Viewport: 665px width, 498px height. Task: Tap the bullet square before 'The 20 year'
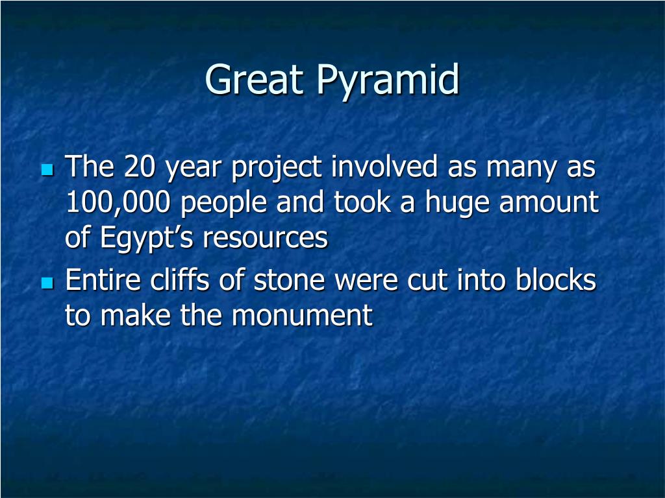[x=47, y=169]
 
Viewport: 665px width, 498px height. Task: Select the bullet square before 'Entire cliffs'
[x=47, y=283]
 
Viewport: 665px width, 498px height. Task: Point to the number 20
[x=140, y=166]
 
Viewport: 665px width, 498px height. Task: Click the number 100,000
[x=118, y=203]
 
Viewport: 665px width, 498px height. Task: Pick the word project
[x=276, y=168]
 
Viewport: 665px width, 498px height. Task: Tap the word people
[x=223, y=204]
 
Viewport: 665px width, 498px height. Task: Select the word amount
[x=548, y=202]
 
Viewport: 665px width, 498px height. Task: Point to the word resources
[x=265, y=239]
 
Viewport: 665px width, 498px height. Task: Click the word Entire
[x=103, y=280]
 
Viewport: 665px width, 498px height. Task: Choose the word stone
[x=290, y=281]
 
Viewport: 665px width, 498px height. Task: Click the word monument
[x=302, y=316]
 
